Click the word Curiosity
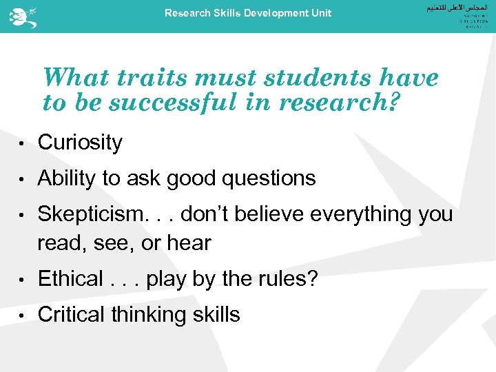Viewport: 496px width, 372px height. [x=80, y=143]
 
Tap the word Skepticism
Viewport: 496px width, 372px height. [x=87, y=214]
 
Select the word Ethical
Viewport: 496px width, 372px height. [x=70, y=279]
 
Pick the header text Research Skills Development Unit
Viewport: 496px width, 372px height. [x=247, y=13]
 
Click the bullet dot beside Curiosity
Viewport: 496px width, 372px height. [x=22, y=144]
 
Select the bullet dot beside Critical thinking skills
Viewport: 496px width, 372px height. [x=22, y=316]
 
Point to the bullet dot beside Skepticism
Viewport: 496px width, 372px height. [x=22, y=216]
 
